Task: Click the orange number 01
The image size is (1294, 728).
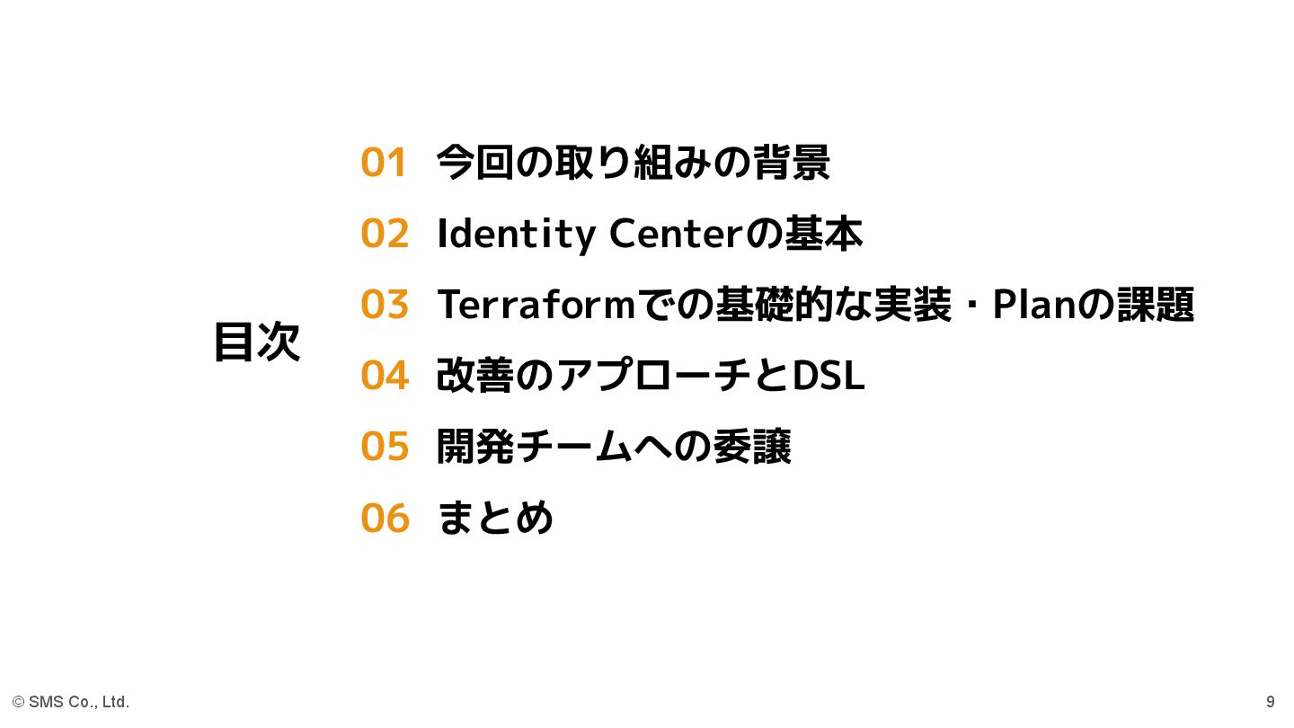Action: (384, 163)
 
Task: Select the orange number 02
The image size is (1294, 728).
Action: (385, 234)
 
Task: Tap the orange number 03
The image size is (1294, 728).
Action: (385, 305)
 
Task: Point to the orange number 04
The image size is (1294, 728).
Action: (385, 376)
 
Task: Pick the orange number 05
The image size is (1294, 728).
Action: (385, 447)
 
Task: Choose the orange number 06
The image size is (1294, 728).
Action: (385, 518)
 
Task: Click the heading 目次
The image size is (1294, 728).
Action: (257, 342)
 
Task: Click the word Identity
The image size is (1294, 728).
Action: (516, 235)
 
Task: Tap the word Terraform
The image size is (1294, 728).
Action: (536, 305)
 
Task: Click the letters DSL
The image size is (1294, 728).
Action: (828, 376)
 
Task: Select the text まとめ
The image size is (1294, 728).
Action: (495, 518)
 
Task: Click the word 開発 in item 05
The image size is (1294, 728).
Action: (475, 447)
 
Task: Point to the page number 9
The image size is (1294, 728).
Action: (1270, 702)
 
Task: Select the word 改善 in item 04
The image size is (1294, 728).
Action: (475, 376)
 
